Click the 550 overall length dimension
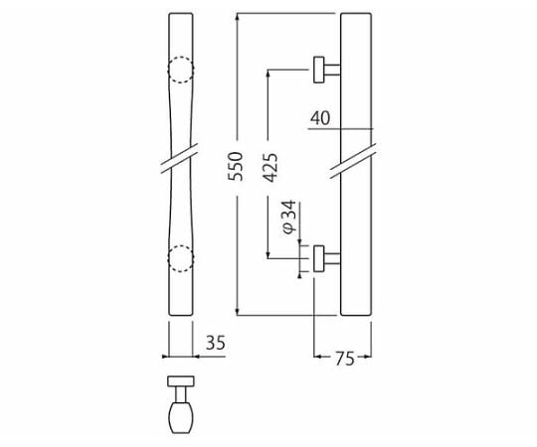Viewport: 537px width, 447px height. coord(236,167)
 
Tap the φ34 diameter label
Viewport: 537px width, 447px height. coord(288,218)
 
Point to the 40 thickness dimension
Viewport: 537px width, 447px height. coord(320,118)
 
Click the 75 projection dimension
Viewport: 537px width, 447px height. coord(344,359)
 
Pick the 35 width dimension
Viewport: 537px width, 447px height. coord(216,343)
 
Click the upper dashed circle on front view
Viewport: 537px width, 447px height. coord(181,70)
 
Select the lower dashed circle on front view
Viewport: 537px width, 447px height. coord(181,258)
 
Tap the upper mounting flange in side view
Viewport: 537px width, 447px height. coord(319,70)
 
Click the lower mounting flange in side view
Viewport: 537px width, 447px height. coord(319,258)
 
